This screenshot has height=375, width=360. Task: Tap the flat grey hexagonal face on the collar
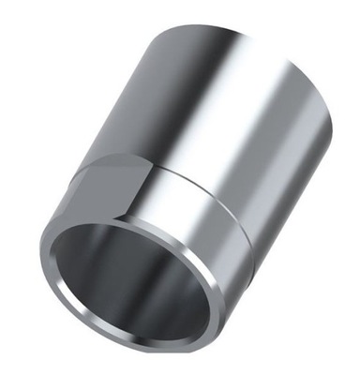[x=105, y=192]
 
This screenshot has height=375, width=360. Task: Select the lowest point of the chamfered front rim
[x=141, y=348]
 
